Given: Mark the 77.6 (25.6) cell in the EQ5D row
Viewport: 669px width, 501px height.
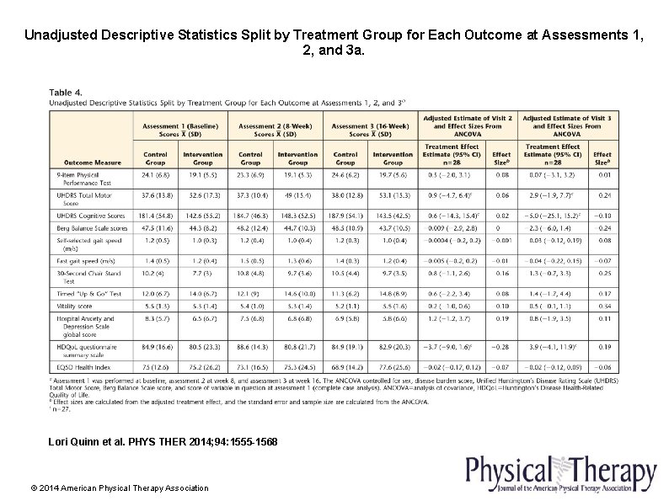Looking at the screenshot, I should click(x=393, y=367).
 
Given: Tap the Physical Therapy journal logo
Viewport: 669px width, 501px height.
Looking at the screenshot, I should click(x=559, y=473).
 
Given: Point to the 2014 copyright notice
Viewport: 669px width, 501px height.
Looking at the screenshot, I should click(x=119, y=488).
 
